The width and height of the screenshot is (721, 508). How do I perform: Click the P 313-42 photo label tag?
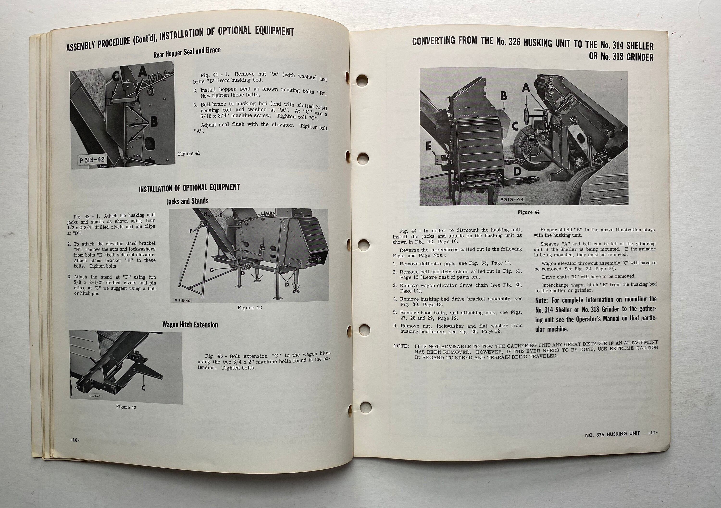click(x=92, y=160)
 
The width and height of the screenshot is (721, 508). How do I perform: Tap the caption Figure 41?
click(x=189, y=154)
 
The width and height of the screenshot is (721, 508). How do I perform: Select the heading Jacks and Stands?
click(x=187, y=201)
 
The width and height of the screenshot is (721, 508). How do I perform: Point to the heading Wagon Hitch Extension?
click(x=190, y=325)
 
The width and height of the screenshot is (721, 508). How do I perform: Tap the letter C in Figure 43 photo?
click(x=143, y=388)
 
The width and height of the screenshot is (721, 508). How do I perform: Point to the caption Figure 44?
click(x=528, y=212)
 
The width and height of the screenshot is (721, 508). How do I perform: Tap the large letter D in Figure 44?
click(x=517, y=171)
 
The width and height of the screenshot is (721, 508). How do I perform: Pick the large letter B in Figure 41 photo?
click(x=154, y=122)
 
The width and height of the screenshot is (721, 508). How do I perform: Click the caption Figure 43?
click(x=126, y=407)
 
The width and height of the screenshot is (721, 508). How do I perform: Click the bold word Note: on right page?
click(x=542, y=300)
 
